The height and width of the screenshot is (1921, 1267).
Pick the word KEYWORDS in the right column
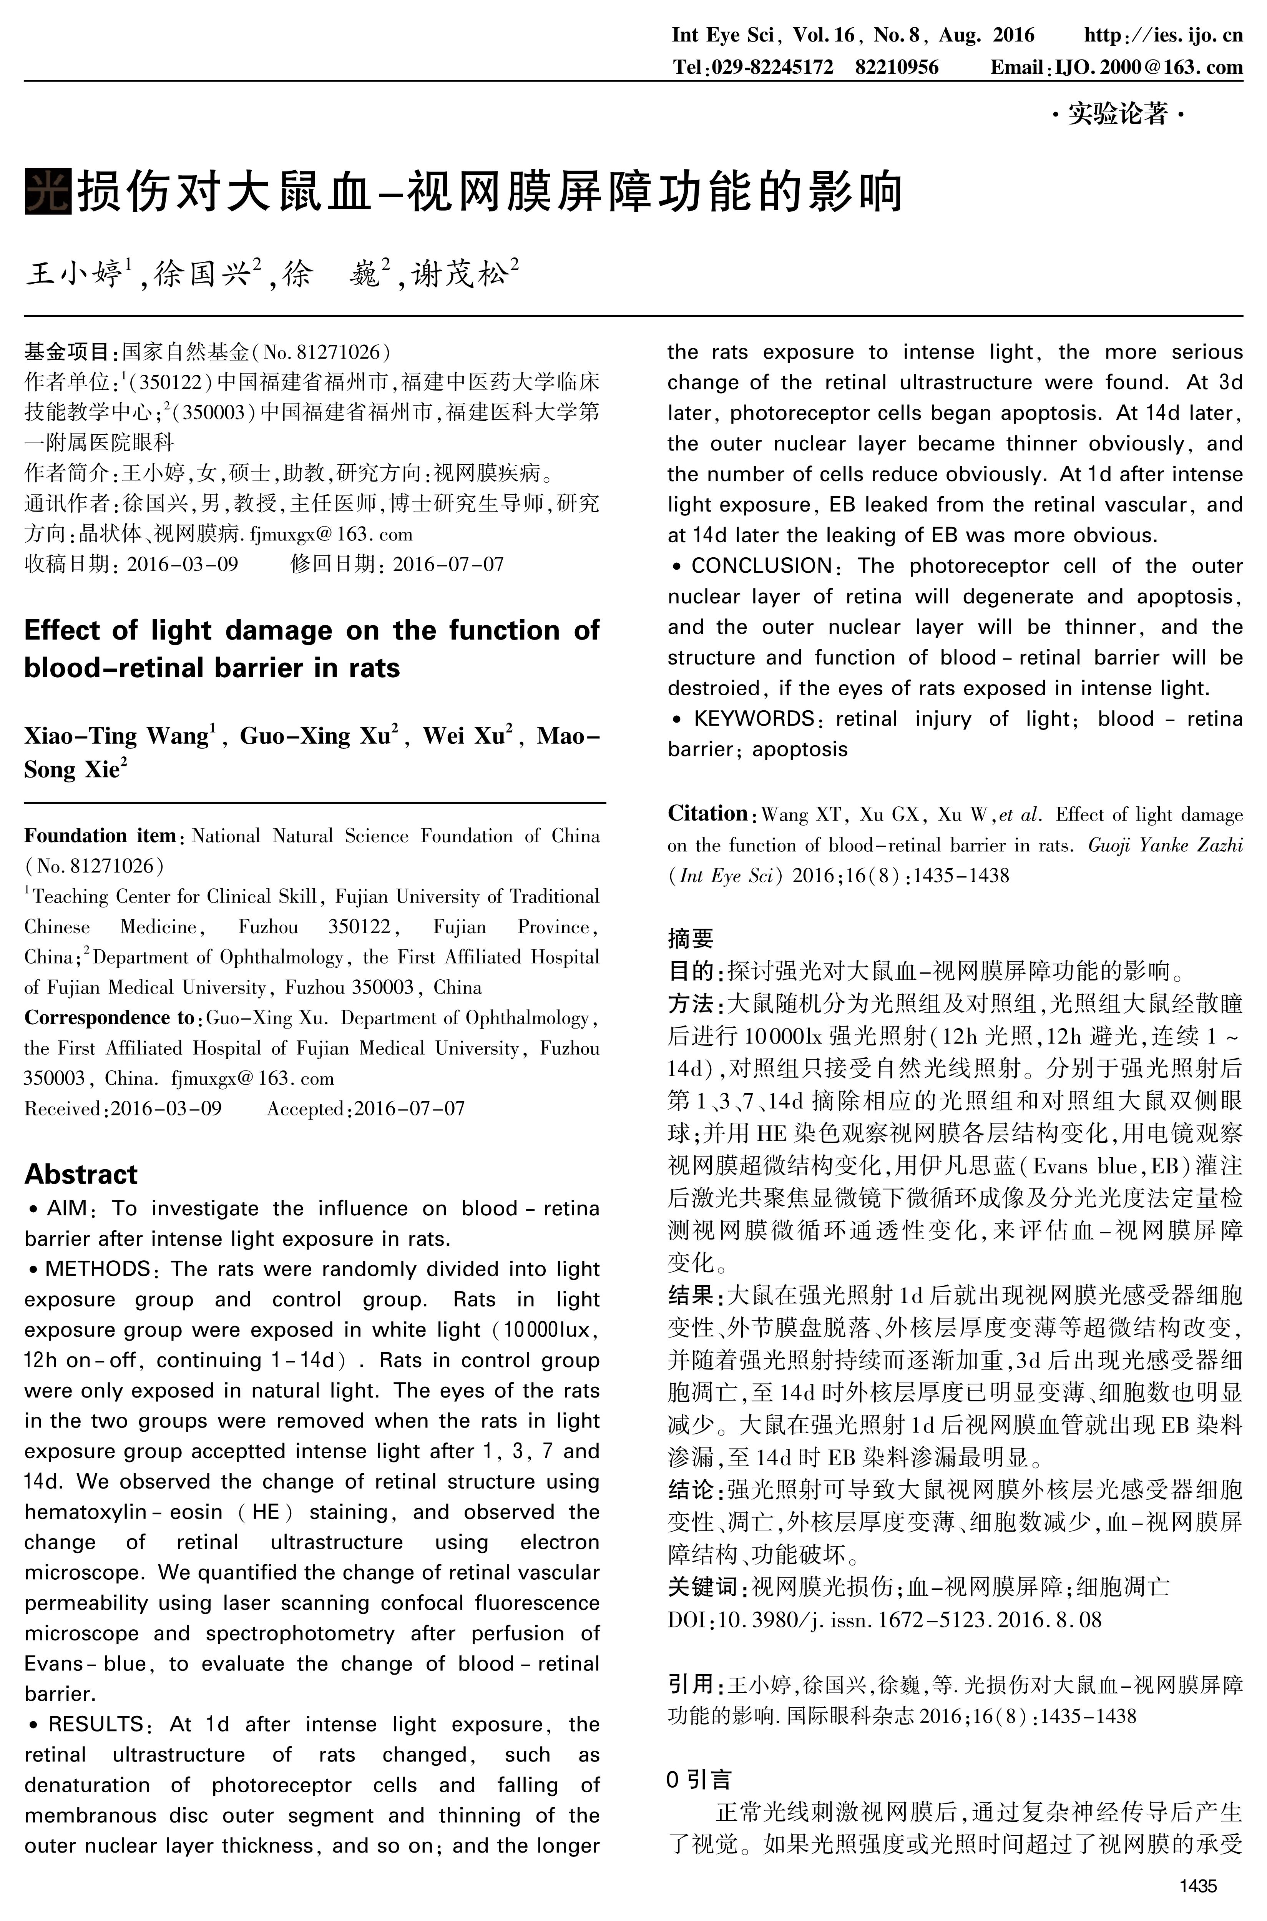point(753,718)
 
